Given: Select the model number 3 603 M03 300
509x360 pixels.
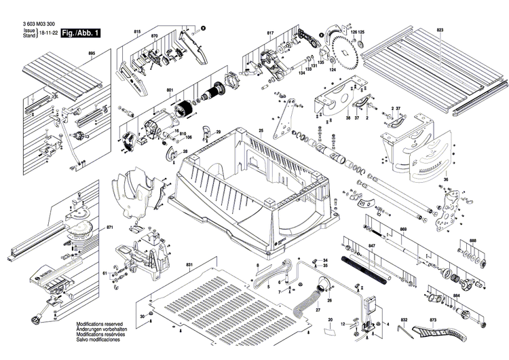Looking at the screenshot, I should pos(38,25).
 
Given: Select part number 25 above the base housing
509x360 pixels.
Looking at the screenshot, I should pos(261,130).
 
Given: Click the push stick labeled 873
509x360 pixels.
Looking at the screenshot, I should pos(441,336).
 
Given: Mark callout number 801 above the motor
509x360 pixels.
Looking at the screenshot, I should pos(170,89).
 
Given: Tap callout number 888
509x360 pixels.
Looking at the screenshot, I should pos(473,241).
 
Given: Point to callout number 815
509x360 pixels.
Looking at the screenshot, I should pos(137,32).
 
